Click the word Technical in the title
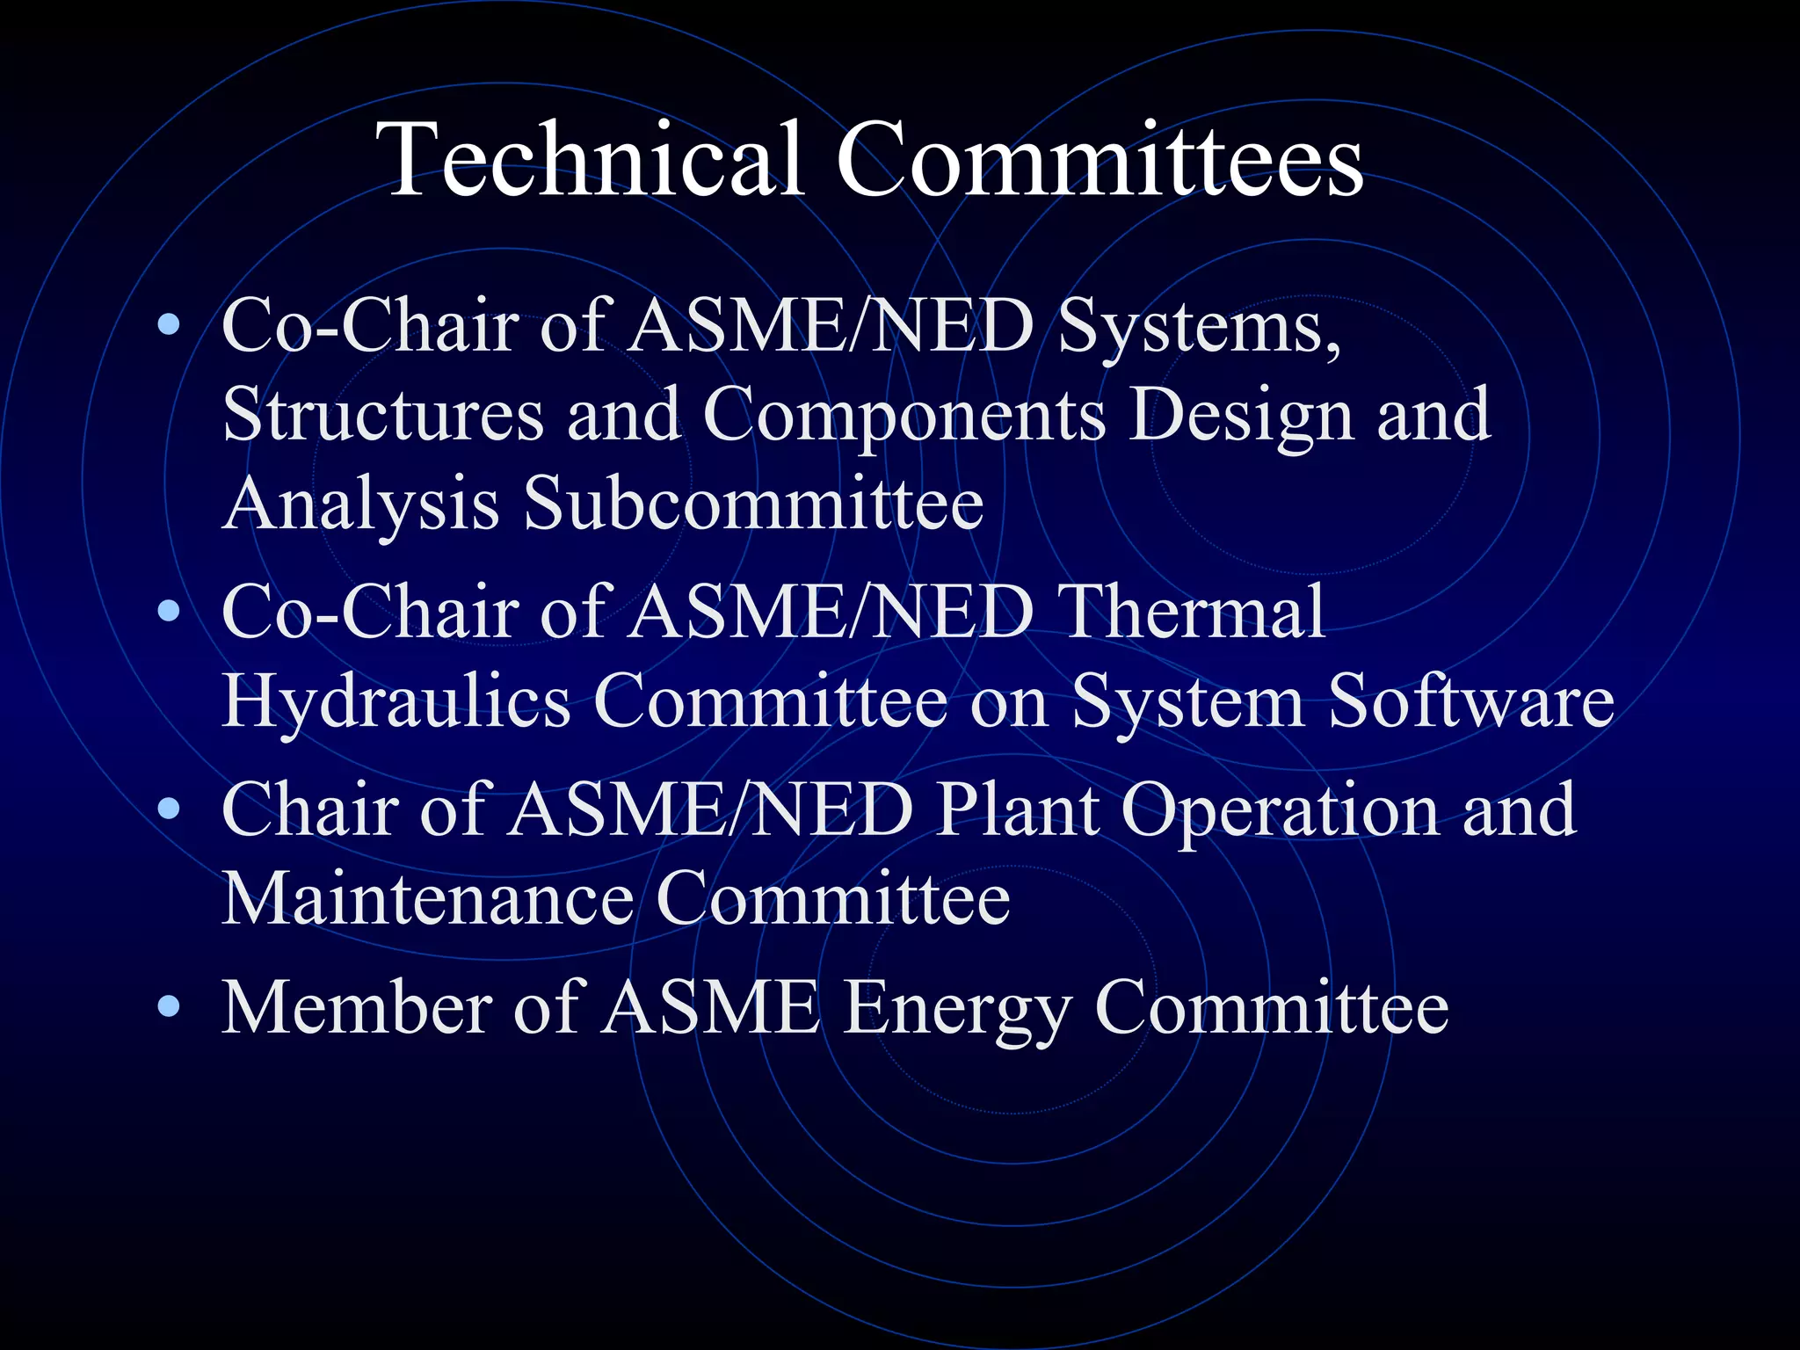pyautogui.click(x=590, y=160)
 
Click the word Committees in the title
pyautogui.click(x=1100, y=160)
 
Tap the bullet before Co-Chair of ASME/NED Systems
pyautogui.click(x=169, y=326)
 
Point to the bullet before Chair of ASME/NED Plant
pyautogui.click(x=169, y=809)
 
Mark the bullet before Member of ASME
pyautogui.click(x=169, y=1006)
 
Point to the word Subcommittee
pyautogui.click(x=753, y=503)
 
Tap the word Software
pyautogui.click(x=1470, y=700)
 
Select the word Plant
pyautogui.click(x=1016, y=809)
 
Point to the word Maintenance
pyautogui.click(x=427, y=898)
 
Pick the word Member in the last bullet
pyautogui.click(x=356, y=1006)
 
